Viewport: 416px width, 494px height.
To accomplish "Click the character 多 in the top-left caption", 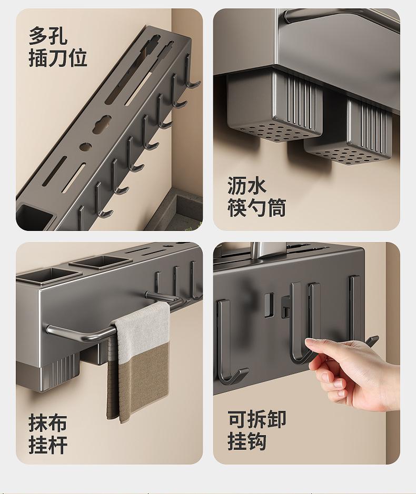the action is (x=38, y=36).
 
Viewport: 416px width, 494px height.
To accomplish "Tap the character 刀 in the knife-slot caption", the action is (x=58, y=58).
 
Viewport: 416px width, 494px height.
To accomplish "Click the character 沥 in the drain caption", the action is (x=237, y=186).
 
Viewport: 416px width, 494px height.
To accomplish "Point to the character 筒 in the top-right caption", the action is (x=276, y=208).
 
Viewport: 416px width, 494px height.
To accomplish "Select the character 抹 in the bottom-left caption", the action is (x=38, y=423).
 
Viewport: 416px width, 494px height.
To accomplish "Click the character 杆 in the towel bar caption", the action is (x=58, y=445).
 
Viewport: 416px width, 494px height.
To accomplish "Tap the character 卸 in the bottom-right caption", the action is (x=276, y=419).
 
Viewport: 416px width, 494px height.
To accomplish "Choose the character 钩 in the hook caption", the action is (x=256, y=441).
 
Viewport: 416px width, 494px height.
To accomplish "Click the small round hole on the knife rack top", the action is (x=85, y=146).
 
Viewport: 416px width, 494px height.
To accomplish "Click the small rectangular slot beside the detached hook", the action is (x=269, y=305).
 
